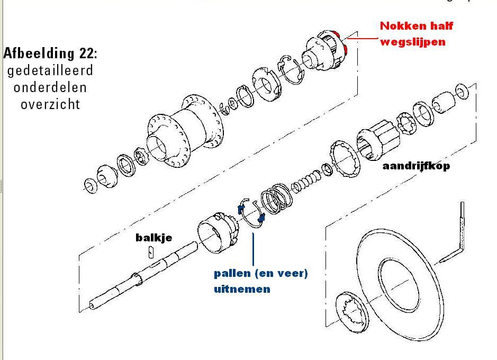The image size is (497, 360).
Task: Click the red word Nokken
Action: pos(399,26)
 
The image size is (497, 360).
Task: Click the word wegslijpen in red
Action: pos(412,41)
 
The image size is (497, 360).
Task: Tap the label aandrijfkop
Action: pos(415,166)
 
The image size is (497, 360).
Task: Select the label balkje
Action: pos(153,238)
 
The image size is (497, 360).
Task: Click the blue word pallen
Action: pos(233,274)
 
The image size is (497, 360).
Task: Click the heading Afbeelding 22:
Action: pos(50,53)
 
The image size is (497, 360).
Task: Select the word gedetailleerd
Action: pos(50,70)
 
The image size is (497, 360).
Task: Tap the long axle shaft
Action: pos(143,275)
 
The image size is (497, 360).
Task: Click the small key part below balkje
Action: pos(151,252)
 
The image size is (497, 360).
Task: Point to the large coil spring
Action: pos(277,198)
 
